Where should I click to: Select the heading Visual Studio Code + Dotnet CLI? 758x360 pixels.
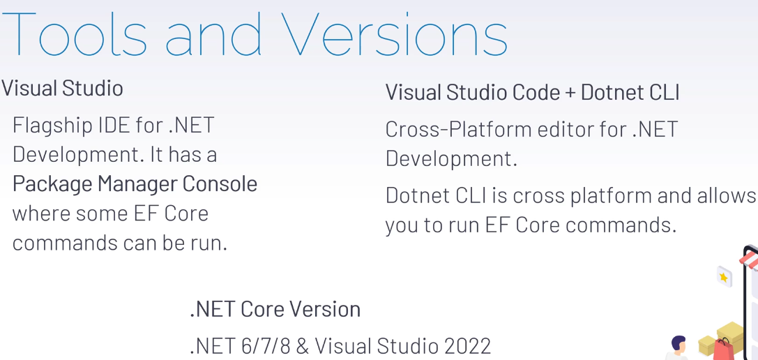[x=532, y=92]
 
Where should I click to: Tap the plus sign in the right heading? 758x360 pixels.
[x=570, y=93]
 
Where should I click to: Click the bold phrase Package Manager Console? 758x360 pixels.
[x=135, y=184]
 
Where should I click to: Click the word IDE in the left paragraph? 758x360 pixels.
[x=114, y=126]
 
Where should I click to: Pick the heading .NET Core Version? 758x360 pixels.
[x=275, y=309]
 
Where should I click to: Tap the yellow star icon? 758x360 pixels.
[x=724, y=277]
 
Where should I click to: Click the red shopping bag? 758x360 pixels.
[x=723, y=350]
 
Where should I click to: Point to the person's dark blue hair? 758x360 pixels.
[x=679, y=342]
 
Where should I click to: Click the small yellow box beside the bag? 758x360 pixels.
[x=707, y=345]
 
